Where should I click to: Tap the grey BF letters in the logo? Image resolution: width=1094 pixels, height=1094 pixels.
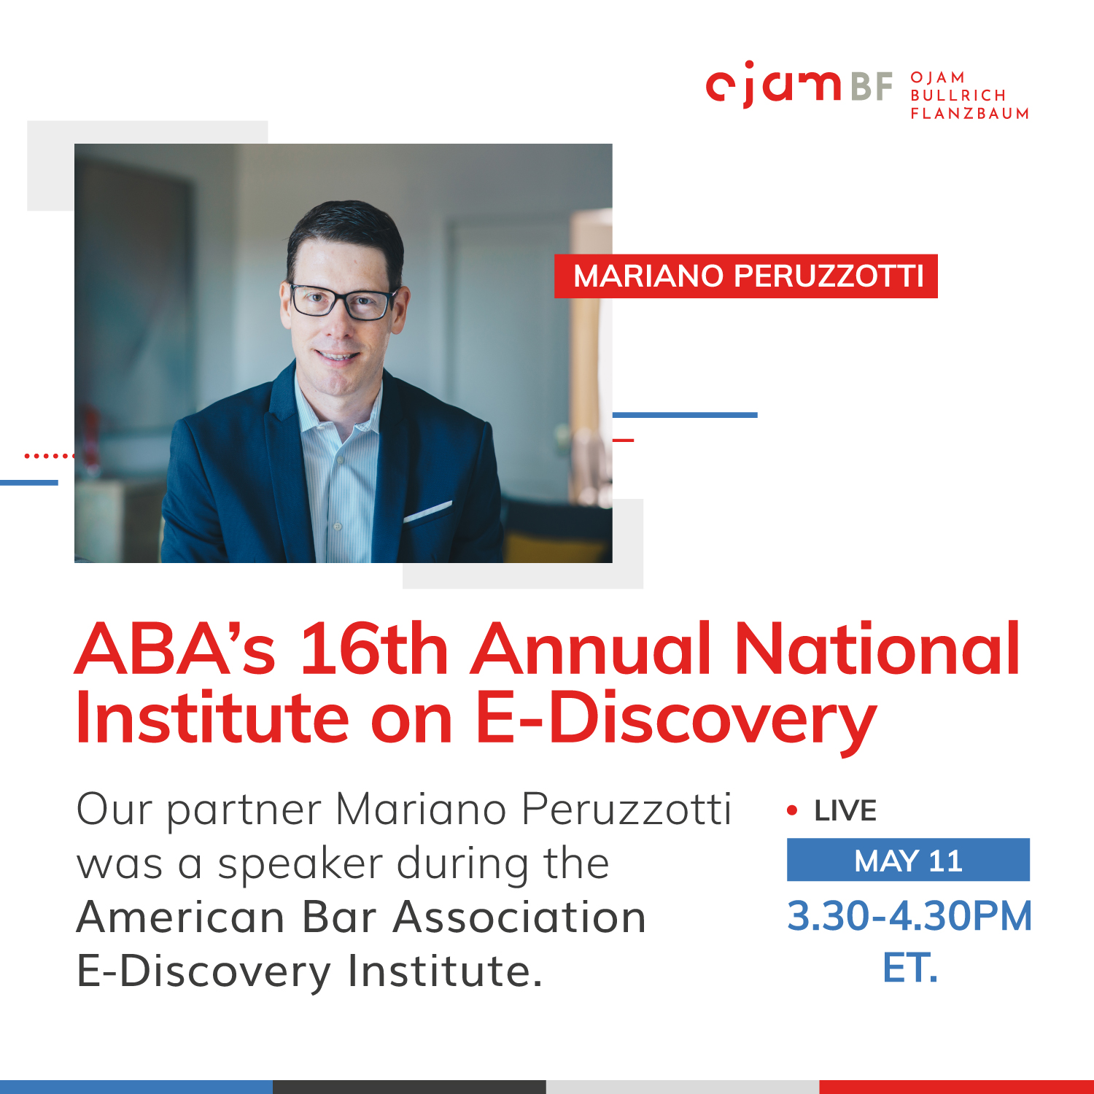coord(872,86)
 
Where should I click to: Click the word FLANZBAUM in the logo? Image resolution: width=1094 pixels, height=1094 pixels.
coord(970,113)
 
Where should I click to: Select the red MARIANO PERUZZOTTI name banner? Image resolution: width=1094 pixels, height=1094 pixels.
coord(745,276)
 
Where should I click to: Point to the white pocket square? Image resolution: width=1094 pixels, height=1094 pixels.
coord(428,511)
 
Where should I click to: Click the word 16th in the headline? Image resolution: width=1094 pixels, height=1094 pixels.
coord(373,648)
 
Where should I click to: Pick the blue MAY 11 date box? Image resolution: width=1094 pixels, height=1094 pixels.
coord(908,860)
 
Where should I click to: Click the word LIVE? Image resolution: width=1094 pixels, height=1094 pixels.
coord(845,811)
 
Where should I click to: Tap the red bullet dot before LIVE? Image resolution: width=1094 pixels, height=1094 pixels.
coord(792,810)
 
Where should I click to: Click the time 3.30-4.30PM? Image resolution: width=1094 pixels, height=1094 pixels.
coord(909,916)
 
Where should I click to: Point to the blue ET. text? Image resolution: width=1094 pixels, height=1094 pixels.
coord(909,969)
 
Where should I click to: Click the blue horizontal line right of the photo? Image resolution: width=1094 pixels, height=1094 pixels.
coord(685,415)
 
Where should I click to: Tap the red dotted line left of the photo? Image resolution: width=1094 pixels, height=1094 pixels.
coord(50,456)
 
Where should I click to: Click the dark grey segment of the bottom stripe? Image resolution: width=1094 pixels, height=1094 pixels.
coord(410,1087)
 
